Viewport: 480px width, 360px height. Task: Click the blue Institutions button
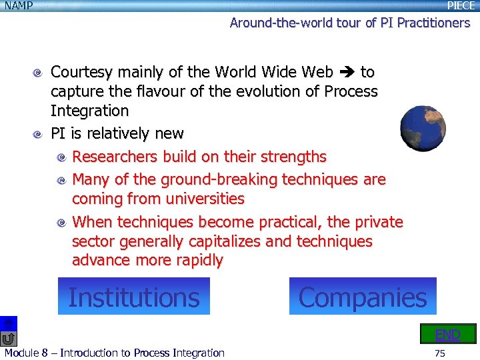(133, 297)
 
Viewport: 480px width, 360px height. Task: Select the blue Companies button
(363, 297)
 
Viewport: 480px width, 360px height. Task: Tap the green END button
(447, 334)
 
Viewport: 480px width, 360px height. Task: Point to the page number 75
(439, 353)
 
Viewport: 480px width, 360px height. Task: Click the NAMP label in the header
(18, 6)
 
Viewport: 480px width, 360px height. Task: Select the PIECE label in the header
(461, 6)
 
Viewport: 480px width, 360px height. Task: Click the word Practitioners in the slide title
(433, 23)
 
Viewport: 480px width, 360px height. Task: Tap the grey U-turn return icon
(8, 339)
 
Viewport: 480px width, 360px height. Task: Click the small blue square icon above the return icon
(8, 323)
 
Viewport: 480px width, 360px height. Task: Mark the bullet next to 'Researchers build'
(61, 157)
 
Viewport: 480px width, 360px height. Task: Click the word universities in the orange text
(205, 199)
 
